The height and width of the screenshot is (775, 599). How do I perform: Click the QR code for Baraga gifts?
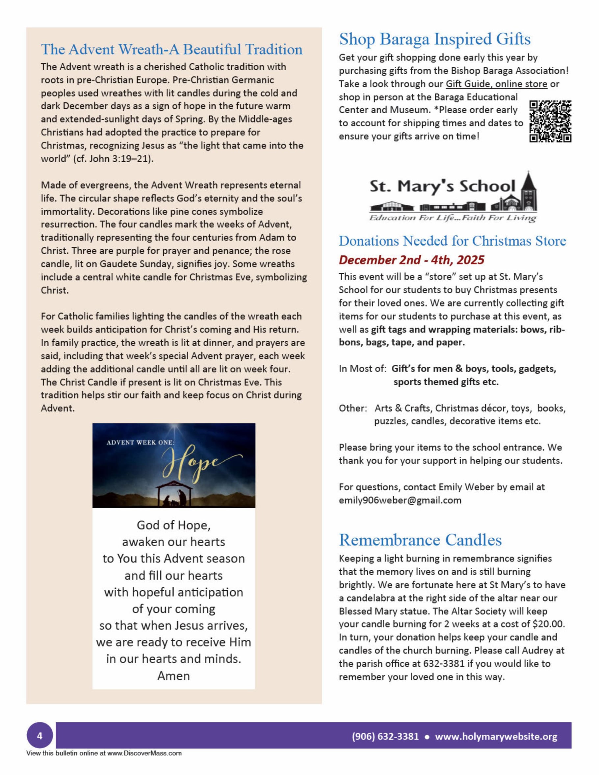point(550,121)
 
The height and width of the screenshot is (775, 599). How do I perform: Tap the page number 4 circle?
point(39,736)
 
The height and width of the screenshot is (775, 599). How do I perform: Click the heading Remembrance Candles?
point(420,540)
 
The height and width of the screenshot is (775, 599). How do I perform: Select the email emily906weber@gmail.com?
point(400,500)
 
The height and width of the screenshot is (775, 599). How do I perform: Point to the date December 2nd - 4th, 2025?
point(411,260)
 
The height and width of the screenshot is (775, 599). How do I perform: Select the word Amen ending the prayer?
point(173,676)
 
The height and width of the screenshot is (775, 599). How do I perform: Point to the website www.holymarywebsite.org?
point(496,737)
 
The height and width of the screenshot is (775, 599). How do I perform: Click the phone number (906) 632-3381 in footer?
point(385,737)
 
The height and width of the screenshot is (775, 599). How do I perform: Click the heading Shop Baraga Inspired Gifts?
point(435,39)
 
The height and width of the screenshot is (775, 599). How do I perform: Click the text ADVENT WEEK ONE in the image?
point(141,443)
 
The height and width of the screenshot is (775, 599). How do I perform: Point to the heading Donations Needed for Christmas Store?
point(452,241)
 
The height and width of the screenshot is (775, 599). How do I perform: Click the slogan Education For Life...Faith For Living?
point(453,218)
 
